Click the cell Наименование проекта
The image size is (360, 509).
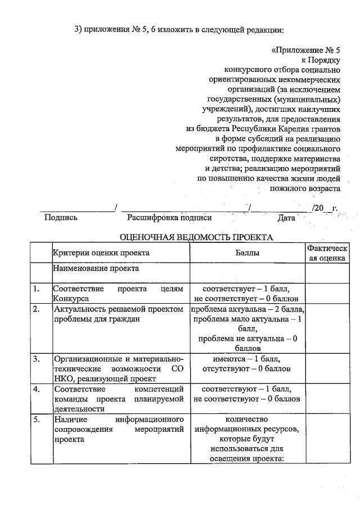(96, 268)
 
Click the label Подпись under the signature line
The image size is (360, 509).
(61, 218)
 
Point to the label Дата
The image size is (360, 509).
(286, 218)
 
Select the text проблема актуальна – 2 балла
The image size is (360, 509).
(247, 309)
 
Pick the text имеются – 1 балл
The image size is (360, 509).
(247, 359)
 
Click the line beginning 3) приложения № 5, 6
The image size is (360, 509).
(179, 29)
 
